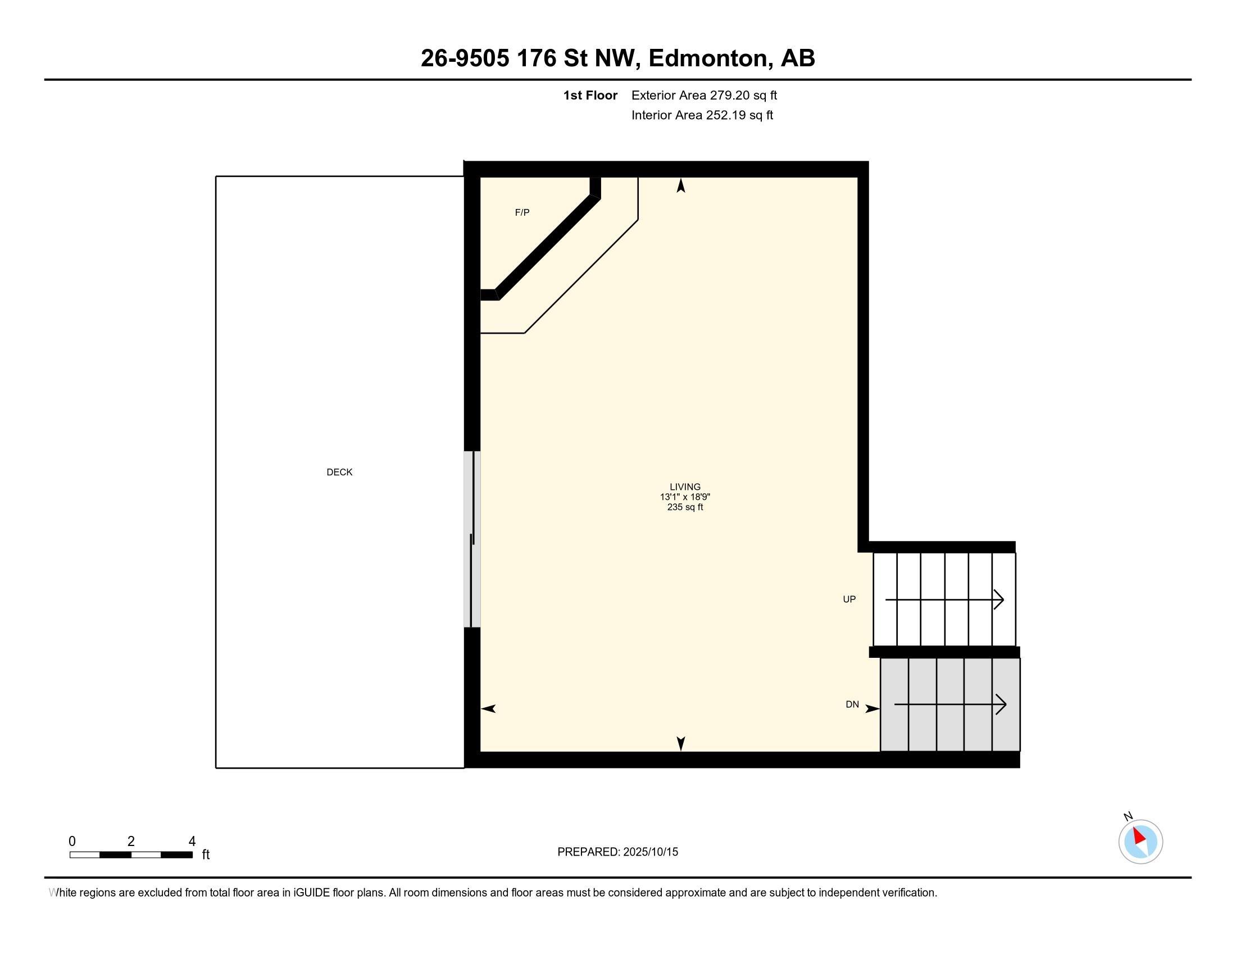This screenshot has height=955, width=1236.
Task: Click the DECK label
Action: pyautogui.click(x=339, y=472)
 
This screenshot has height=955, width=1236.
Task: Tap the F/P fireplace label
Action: pyautogui.click(x=522, y=213)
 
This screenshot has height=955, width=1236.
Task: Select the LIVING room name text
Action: pyautogui.click(x=685, y=486)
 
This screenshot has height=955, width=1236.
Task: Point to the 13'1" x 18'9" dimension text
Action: pyautogui.click(x=685, y=497)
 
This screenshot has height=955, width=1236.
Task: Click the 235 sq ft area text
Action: pyautogui.click(x=685, y=507)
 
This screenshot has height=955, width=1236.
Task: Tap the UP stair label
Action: pyautogui.click(x=849, y=599)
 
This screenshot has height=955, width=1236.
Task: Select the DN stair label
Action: pyautogui.click(x=852, y=704)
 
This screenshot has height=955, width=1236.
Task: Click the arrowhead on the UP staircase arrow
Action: pyautogui.click(x=999, y=600)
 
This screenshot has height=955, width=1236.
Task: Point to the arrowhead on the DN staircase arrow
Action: pyautogui.click(x=1001, y=705)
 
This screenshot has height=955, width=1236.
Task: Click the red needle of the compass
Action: pyautogui.click(x=1139, y=836)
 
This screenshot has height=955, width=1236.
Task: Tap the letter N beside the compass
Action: pyautogui.click(x=1128, y=816)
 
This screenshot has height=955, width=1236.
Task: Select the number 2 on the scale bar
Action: pyautogui.click(x=131, y=842)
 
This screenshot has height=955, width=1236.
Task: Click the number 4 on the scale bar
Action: pyautogui.click(x=192, y=842)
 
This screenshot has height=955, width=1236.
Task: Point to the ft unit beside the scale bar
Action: pyautogui.click(x=206, y=854)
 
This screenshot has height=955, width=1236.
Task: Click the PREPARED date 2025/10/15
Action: pyautogui.click(x=650, y=852)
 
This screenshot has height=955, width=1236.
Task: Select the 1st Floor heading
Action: pyautogui.click(x=590, y=95)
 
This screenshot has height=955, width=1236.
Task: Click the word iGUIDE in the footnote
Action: pyautogui.click(x=311, y=893)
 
